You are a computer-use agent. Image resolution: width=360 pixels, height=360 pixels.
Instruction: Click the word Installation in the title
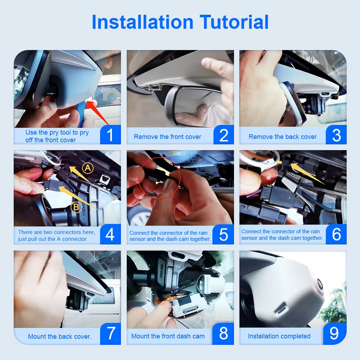click(x=142, y=22)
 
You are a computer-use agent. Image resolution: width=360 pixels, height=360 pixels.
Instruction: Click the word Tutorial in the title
click(x=234, y=22)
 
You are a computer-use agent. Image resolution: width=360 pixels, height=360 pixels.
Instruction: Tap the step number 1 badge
click(x=110, y=134)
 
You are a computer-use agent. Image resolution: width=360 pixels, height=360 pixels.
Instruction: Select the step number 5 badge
click(x=223, y=234)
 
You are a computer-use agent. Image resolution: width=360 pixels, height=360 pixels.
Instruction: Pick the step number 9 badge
click(x=335, y=334)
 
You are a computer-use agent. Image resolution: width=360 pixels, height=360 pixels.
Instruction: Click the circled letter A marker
click(x=88, y=168)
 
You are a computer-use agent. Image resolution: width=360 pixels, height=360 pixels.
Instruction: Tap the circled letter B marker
click(x=76, y=207)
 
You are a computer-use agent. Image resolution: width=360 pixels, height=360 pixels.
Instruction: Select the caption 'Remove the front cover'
click(x=167, y=137)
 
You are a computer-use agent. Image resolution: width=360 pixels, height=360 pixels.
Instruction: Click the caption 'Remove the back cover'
click(x=283, y=137)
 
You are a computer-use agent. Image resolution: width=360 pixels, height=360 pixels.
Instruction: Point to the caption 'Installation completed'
click(x=279, y=336)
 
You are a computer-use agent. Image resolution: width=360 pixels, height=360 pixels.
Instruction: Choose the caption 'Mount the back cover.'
click(x=60, y=336)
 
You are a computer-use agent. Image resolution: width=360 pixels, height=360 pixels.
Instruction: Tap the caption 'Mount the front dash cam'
click(x=168, y=336)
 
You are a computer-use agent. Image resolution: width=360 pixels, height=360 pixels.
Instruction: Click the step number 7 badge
click(x=111, y=333)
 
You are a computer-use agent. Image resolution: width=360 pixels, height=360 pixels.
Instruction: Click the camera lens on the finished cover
click(x=320, y=285)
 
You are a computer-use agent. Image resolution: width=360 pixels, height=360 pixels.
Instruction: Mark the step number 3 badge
click(x=336, y=135)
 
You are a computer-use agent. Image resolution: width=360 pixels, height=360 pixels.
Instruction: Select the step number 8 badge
click(x=223, y=333)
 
